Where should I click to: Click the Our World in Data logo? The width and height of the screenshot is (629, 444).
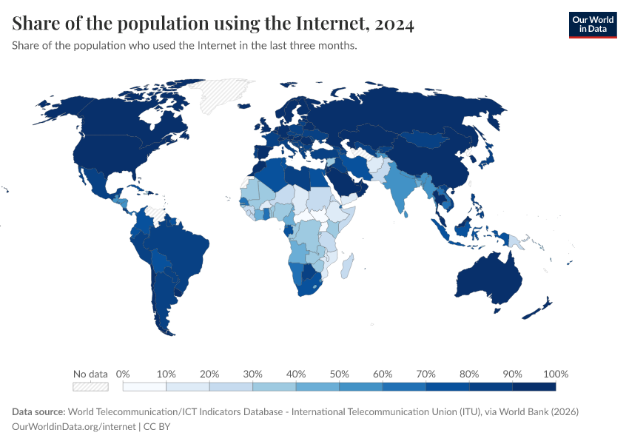coord(592,24)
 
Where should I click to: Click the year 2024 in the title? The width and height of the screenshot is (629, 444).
coord(394,24)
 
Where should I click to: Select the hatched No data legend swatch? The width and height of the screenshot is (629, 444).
coord(90,386)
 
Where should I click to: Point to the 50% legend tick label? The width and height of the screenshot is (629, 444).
coord(339,374)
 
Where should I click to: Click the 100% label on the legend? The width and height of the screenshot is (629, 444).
coord(555,374)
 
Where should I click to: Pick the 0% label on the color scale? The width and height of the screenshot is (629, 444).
coord(124,374)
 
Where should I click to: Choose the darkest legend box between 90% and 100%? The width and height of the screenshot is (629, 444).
coord(534,386)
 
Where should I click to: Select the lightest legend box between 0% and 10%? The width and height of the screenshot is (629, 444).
coord(144,386)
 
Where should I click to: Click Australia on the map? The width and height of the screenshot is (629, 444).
coord(488,277)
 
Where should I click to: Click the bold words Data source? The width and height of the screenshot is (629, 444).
coord(38,411)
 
